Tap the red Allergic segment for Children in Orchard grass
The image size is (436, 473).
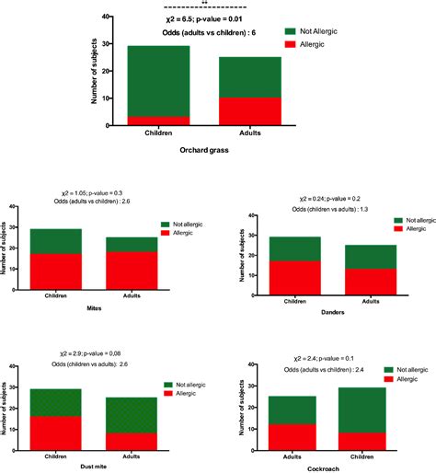click(159, 121)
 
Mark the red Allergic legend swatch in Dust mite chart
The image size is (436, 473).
click(171, 393)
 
